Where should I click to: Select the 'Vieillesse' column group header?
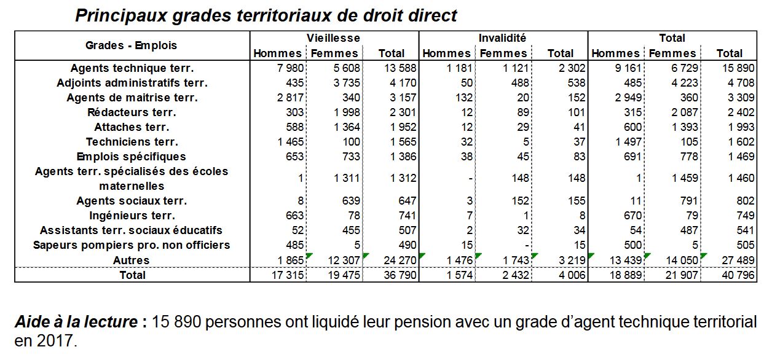(x=334, y=38)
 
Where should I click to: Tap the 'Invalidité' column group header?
(x=502, y=38)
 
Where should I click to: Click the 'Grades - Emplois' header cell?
(x=131, y=45)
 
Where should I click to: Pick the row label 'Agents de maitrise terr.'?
(x=132, y=98)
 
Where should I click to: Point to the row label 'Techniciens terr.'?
(x=132, y=142)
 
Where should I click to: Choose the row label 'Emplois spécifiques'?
(x=132, y=157)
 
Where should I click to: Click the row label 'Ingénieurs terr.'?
(x=132, y=216)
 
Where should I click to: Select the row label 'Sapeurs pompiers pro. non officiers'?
(x=132, y=245)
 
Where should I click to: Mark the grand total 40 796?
(x=737, y=275)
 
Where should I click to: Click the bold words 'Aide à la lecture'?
(x=75, y=322)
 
